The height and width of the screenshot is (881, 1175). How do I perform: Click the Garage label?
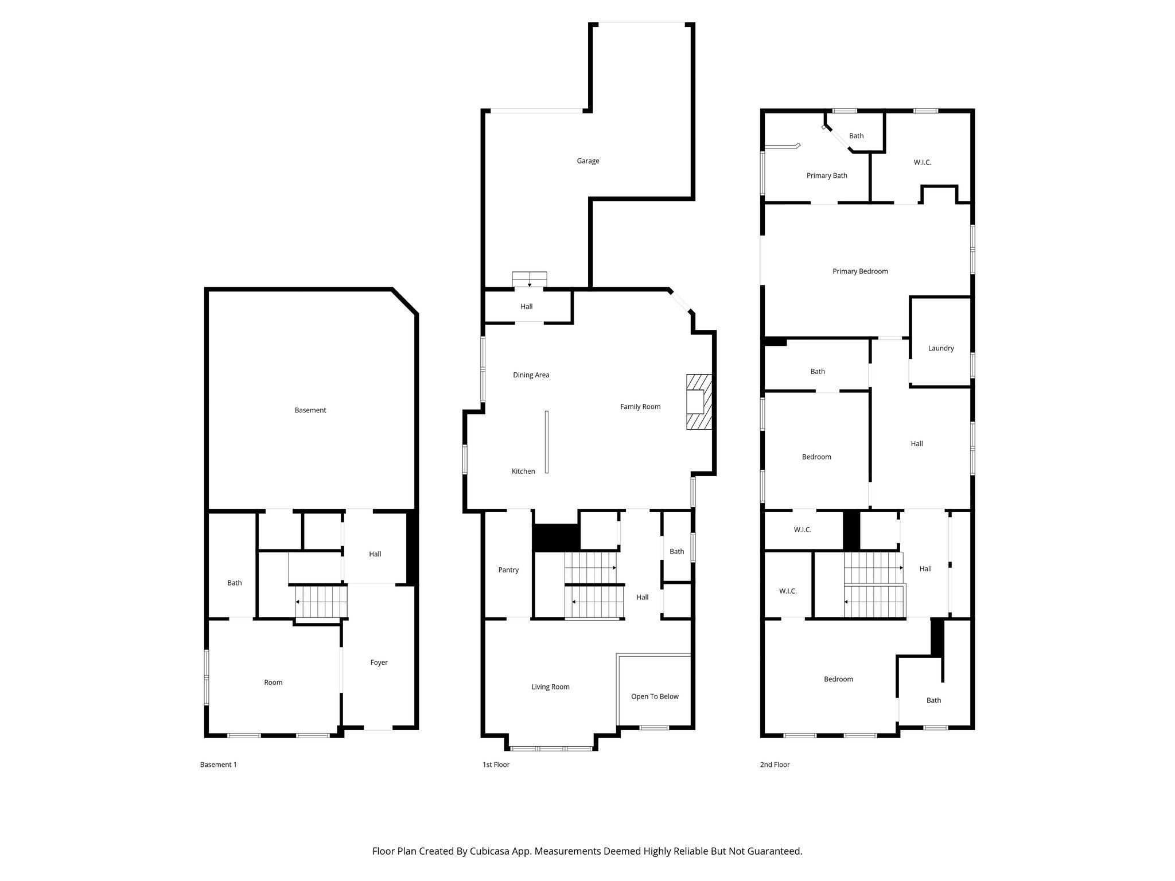tap(587, 161)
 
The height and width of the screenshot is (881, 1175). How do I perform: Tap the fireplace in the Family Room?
tap(699, 402)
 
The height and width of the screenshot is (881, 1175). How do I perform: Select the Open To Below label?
tap(655, 696)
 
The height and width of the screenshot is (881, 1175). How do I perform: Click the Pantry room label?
tap(508, 570)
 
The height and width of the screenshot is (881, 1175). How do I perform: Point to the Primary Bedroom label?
tap(860, 271)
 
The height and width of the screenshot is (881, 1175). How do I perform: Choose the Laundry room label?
tap(941, 348)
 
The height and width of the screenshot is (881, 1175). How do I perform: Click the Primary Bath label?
tap(827, 176)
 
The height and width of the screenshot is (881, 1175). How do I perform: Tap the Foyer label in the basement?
tap(379, 662)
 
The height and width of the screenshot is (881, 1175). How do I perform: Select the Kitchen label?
tap(523, 471)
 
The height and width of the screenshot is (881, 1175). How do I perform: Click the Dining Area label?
tap(531, 375)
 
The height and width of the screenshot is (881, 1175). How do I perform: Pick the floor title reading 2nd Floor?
tap(775, 765)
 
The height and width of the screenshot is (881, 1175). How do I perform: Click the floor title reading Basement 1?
tap(218, 765)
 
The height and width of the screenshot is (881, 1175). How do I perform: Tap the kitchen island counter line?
tap(547, 442)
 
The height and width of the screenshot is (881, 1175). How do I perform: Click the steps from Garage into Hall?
tap(529, 279)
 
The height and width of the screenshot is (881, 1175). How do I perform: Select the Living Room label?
tap(550, 687)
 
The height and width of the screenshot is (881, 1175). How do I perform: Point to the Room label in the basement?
tap(273, 683)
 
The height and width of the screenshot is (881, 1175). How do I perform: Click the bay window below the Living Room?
tap(551, 748)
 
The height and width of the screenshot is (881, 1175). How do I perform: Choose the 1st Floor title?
tap(496, 765)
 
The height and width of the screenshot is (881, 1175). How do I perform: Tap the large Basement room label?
tap(310, 410)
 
